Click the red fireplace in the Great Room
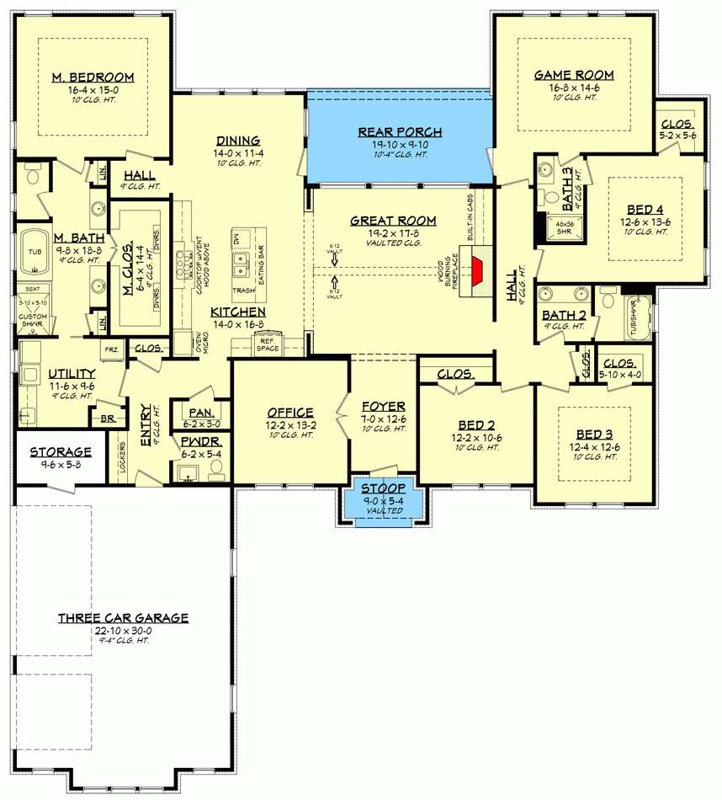pyautogui.click(x=477, y=269)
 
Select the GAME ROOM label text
pyautogui.click(x=574, y=75)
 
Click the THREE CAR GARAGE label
pyautogui.click(x=123, y=618)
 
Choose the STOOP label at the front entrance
pyautogui.click(x=384, y=488)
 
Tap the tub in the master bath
pyautogui.click(x=35, y=251)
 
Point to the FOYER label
pyautogui.click(x=384, y=406)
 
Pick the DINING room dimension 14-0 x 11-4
pyautogui.click(x=237, y=153)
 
